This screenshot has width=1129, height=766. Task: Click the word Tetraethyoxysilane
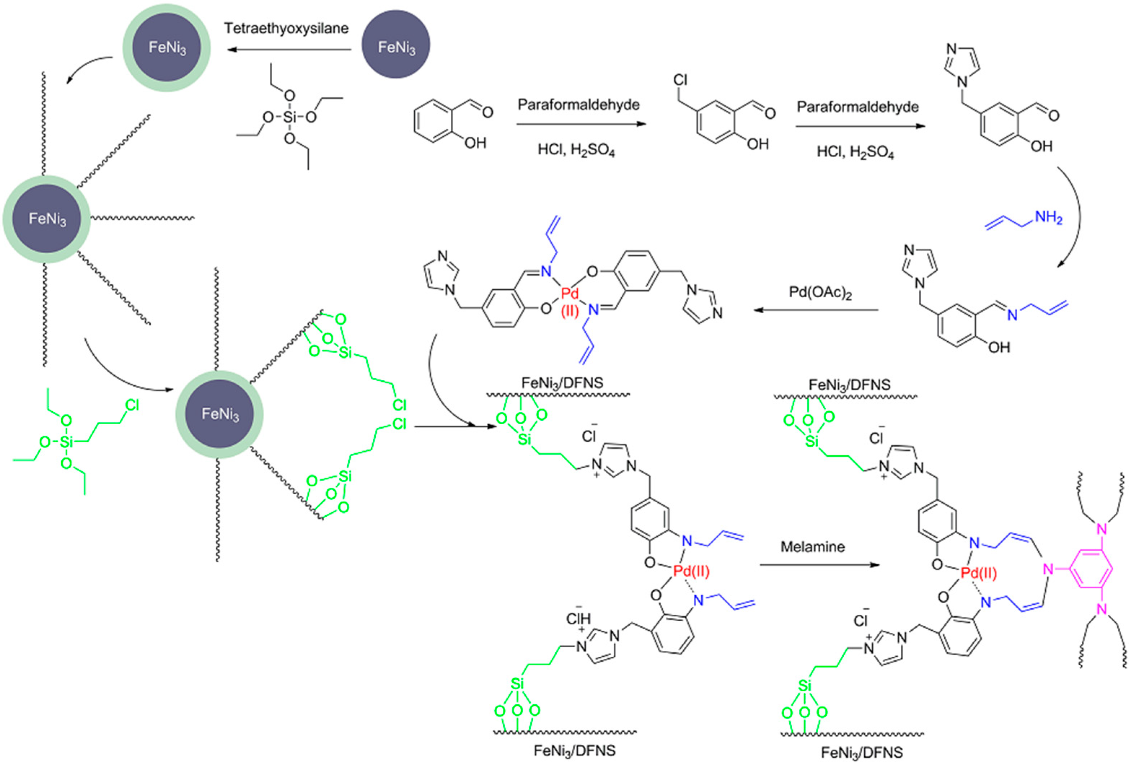(286, 28)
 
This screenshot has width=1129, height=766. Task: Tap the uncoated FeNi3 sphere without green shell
(396, 45)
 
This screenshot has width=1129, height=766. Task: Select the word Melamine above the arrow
(812, 547)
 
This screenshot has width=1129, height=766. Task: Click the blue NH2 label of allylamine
(1048, 217)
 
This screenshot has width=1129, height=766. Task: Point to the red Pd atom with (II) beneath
(570, 294)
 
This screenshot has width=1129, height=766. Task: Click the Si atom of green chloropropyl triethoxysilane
(66, 442)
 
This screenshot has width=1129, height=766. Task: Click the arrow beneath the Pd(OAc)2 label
(816, 310)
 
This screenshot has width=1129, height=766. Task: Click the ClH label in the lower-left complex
(578, 619)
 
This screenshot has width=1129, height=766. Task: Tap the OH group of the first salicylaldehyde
(475, 143)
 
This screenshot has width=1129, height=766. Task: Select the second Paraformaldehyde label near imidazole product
(857, 107)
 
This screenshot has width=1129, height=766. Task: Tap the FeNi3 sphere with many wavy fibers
(47, 219)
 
